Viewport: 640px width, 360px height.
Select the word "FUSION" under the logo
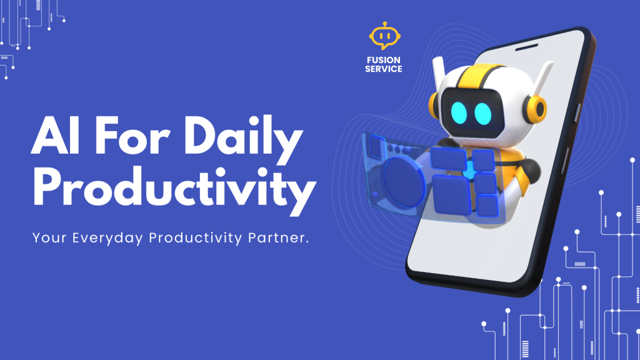(x=384, y=61)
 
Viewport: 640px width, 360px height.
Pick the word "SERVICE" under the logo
(x=384, y=69)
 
